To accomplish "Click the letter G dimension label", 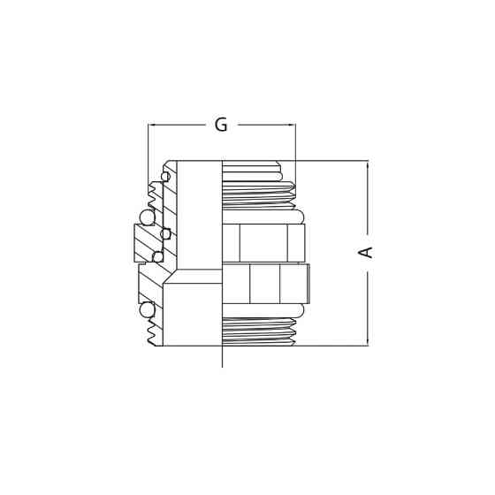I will click(221, 126).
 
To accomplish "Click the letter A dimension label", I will click(366, 253).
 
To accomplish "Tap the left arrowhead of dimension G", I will click(152, 126).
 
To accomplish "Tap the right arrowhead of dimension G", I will click(291, 126).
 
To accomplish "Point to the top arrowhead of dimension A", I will click(368, 164).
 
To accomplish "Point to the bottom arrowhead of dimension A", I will click(368, 341).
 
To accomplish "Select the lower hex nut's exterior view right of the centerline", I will click(264, 284).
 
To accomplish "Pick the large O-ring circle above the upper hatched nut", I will click(146, 217).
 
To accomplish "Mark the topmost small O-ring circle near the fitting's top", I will click(165, 177).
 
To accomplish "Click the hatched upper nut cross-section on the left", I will click(145, 243).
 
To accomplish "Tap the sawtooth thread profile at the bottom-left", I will click(155, 331).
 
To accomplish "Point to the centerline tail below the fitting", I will click(222, 357).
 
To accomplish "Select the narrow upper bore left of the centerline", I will click(199, 217).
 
